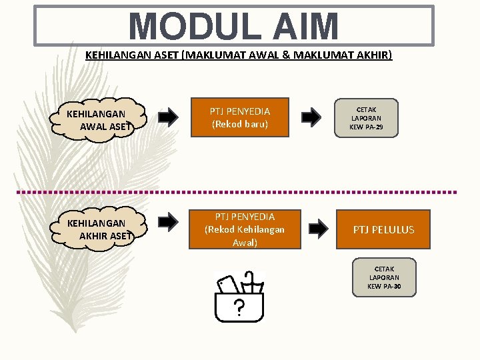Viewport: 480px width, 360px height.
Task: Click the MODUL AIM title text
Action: tap(234, 26)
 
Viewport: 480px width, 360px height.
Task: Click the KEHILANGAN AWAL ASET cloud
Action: tap(101, 120)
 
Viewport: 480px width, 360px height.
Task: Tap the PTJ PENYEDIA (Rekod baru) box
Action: tap(240, 117)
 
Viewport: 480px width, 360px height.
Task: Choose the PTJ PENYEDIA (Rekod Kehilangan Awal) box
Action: tap(245, 229)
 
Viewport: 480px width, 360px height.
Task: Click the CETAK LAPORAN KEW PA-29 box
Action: tap(366, 119)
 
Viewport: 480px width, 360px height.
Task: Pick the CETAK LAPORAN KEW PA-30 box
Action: tap(383, 277)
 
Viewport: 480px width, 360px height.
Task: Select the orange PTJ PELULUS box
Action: tap(383, 229)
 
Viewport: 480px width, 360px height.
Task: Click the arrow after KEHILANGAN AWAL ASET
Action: tap(169, 118)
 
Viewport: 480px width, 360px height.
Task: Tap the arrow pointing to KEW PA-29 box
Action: tap(311, 118)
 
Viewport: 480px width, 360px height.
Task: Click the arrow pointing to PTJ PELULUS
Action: tap(319, 229)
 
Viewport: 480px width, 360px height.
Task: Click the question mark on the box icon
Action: tap(238, 307)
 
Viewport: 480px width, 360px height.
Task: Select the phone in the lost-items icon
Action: tap(227, 285)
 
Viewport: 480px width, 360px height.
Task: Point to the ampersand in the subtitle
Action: tap(287, 55)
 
